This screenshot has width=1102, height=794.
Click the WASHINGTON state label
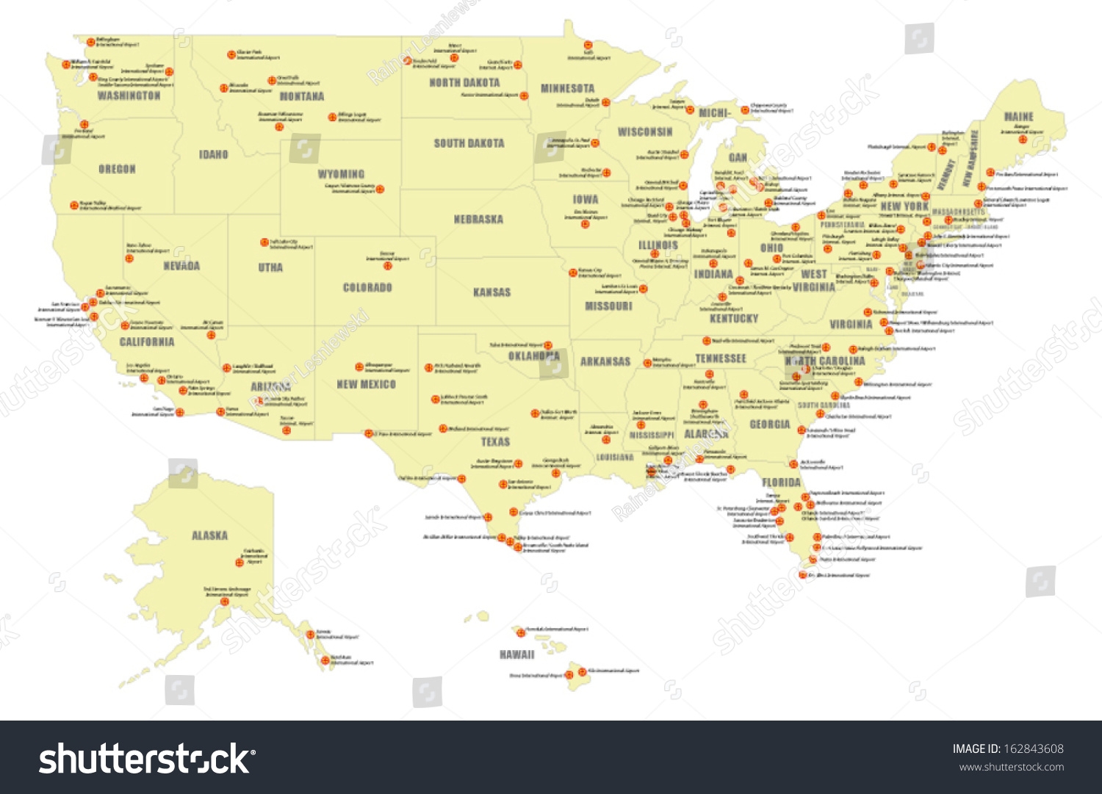129,95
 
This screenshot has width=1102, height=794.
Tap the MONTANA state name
301,96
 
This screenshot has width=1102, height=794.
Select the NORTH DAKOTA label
464,83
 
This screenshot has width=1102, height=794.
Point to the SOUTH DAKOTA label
469,143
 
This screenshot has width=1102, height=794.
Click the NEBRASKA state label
478,219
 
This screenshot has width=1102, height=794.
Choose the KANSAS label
491,292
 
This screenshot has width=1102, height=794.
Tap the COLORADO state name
367,287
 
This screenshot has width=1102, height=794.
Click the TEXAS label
495,441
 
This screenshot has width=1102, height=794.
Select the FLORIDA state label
781,482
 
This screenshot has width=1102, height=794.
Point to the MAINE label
1018,117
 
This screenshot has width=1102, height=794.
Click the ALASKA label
209,535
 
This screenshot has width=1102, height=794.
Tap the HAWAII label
516,654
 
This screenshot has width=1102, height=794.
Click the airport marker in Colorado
388,265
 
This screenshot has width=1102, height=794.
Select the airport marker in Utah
264,242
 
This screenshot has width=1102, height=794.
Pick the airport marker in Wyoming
380,190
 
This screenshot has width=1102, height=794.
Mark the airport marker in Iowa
585,224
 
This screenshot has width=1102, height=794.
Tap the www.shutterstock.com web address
1011,768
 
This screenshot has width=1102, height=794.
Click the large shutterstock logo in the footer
147,758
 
